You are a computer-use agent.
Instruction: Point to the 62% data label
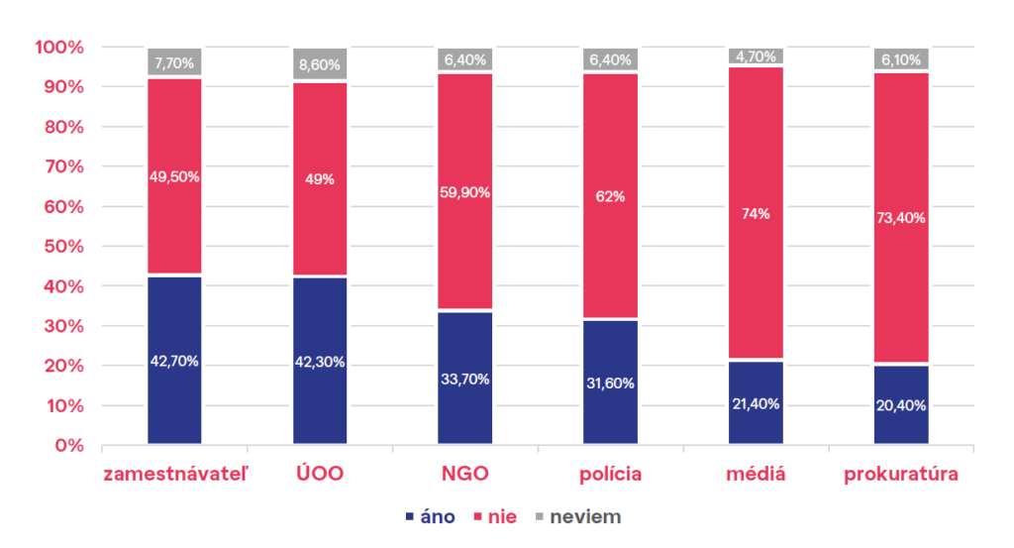pos(611,196)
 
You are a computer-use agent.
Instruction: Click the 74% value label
pos(756,213)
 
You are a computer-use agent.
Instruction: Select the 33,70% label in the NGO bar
pos(465,379)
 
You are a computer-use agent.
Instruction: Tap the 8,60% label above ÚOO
pos(320,65)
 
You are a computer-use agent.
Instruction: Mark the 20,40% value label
pos(901,405)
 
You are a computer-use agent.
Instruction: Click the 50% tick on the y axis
pos(62,247)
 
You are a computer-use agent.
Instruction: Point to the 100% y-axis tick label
pos(58,48)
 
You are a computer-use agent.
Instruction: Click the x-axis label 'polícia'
pos(610,474)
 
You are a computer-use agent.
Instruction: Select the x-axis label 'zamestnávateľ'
pos(175,474)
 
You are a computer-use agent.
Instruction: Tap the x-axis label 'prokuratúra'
pos(901,474)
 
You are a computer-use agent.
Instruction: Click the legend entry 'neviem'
pos(585,516)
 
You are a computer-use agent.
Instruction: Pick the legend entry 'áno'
pos(437,516)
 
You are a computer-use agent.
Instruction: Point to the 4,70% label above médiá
pos(756,56)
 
